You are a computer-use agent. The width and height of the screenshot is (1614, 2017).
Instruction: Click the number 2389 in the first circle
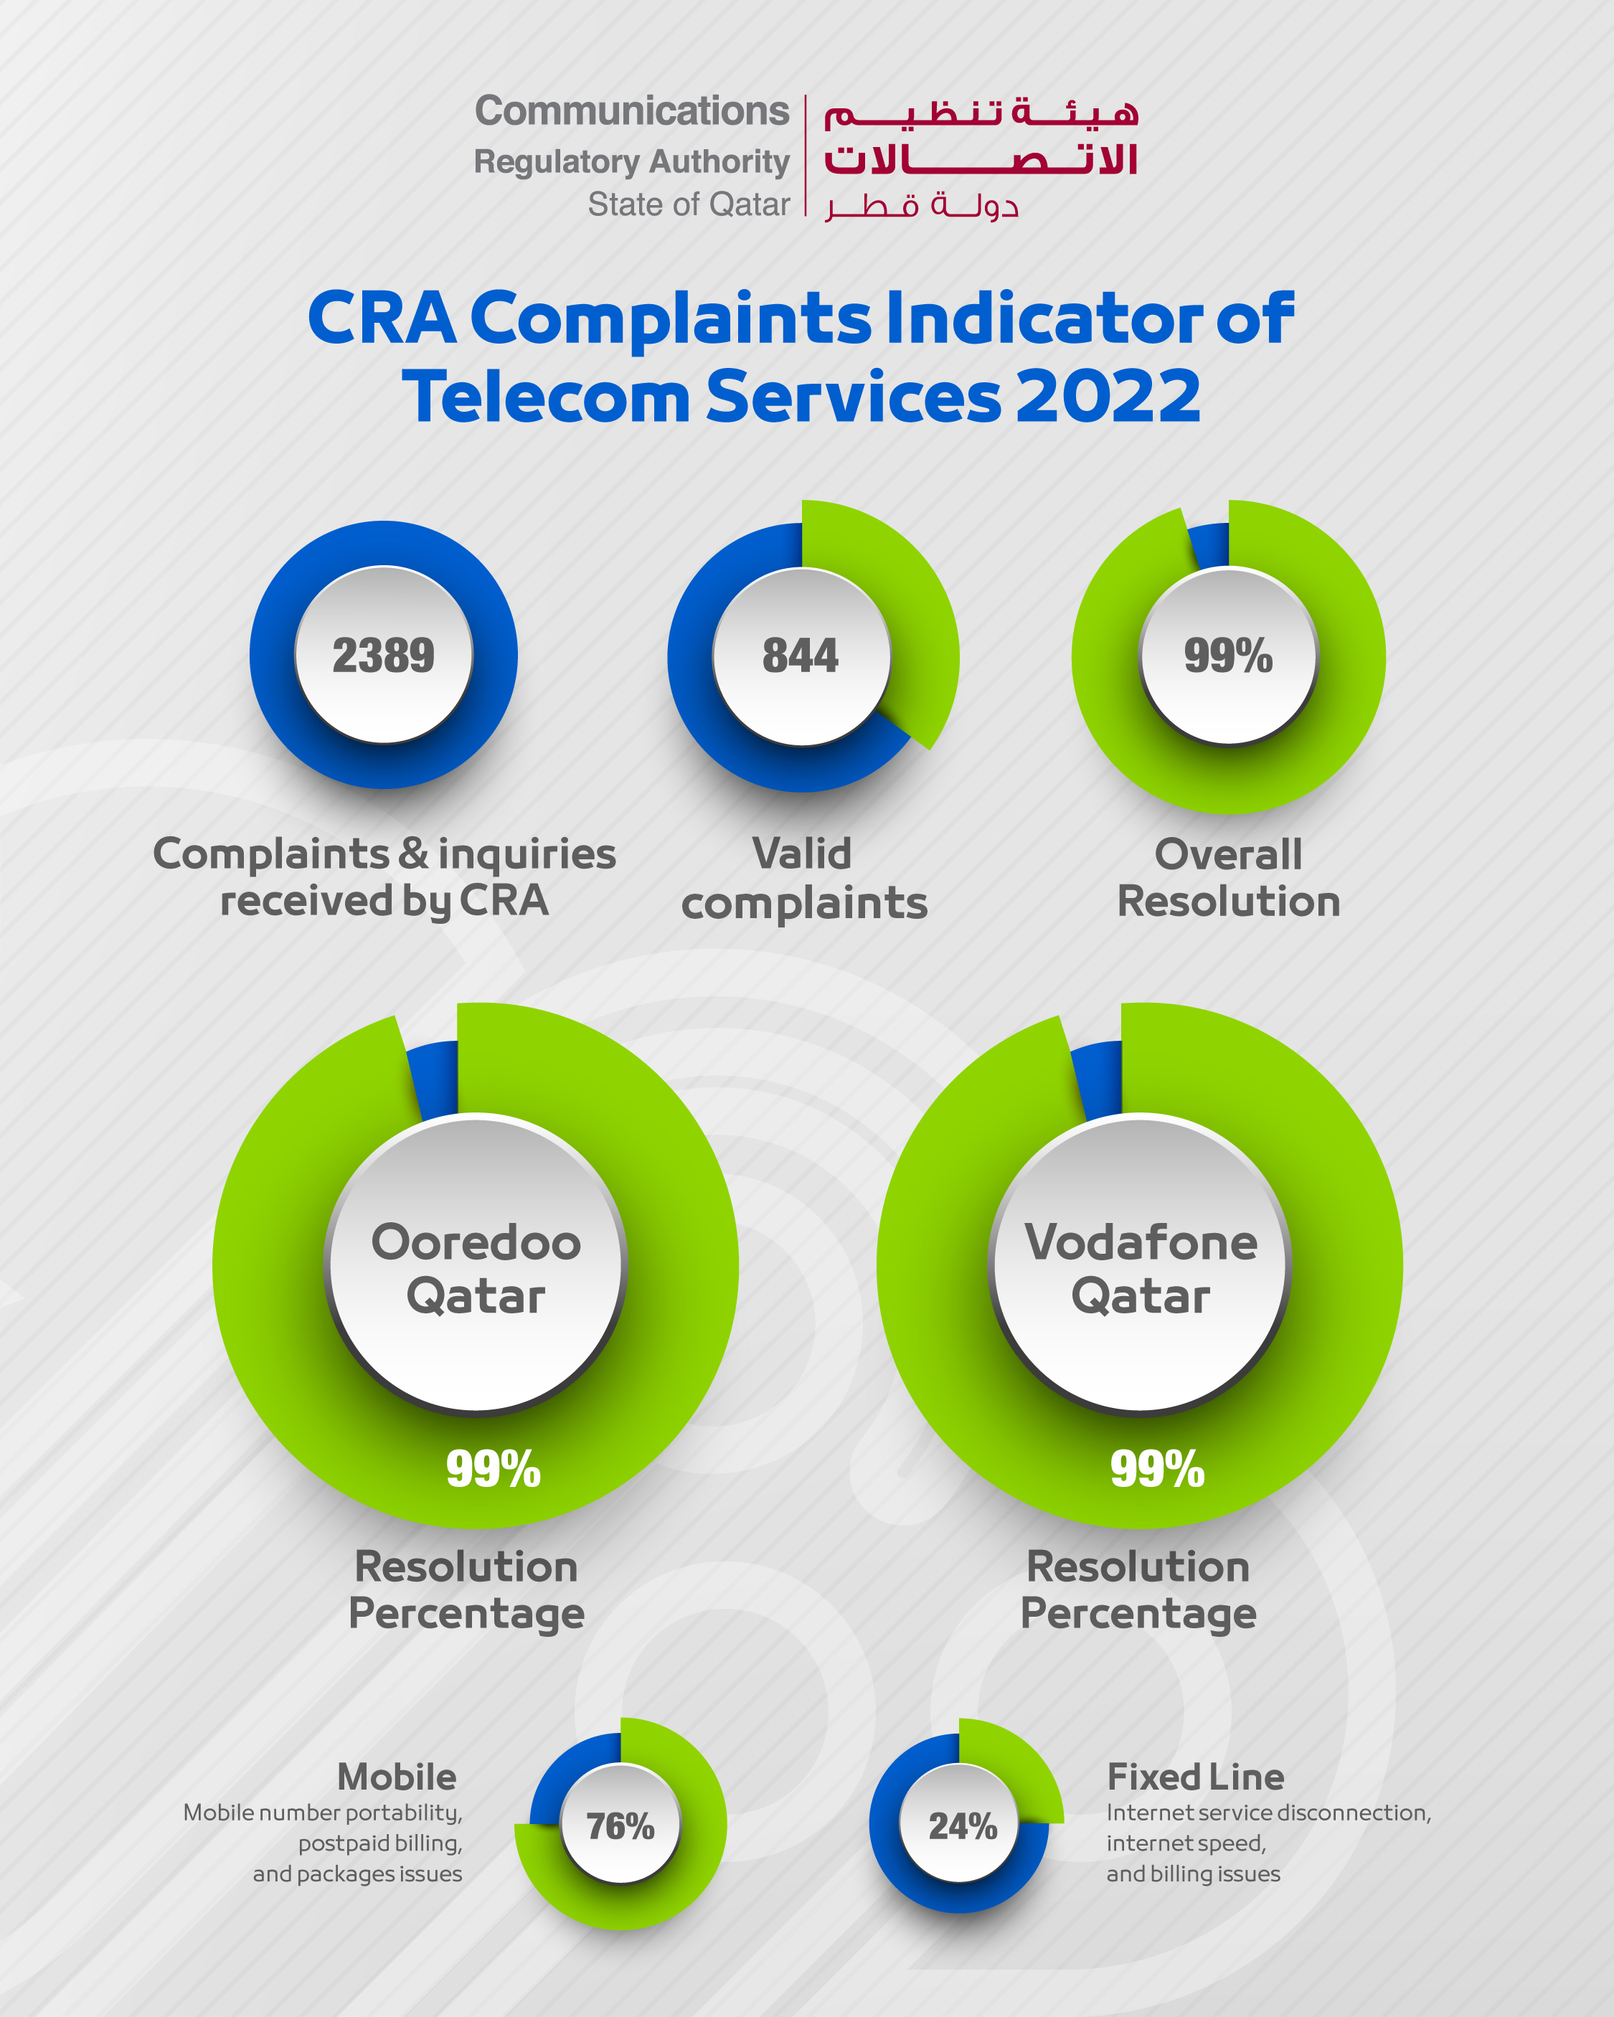(384, 655)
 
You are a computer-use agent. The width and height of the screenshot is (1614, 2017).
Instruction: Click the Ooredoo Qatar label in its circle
(476, 1269)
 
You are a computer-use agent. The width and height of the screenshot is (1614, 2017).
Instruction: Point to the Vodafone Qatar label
(1141, 1269)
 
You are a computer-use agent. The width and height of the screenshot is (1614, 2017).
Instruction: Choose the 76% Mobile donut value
(620, 1825)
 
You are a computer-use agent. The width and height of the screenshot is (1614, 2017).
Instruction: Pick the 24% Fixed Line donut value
(963, 1825)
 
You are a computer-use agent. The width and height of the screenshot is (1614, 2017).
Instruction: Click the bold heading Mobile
(397, 1777)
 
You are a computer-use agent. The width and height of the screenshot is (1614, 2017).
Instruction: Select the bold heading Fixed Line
(1195, 1777)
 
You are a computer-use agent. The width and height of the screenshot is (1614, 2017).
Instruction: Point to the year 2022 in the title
(1108, 397)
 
